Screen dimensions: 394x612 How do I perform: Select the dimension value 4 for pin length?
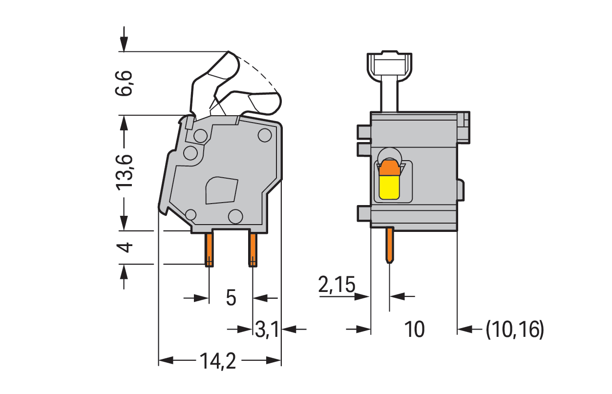point(125,247)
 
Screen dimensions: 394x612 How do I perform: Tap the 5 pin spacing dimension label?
point(231,297)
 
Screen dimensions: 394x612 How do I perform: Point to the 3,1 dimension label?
point(267,331)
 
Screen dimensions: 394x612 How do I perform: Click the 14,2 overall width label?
point(217,361)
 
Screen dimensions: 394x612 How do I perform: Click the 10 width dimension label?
point(414,330)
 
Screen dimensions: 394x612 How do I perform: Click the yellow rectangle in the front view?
point(389,187)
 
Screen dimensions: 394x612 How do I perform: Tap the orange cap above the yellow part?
point(389,167)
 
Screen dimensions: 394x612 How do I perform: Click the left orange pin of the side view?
point(209,249)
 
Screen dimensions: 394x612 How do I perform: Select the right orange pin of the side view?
point(253,249)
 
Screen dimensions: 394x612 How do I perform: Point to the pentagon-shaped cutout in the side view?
point(221,190)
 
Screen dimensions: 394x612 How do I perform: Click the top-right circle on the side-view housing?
point(265,135)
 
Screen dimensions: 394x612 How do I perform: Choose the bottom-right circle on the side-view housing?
point(235,216)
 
